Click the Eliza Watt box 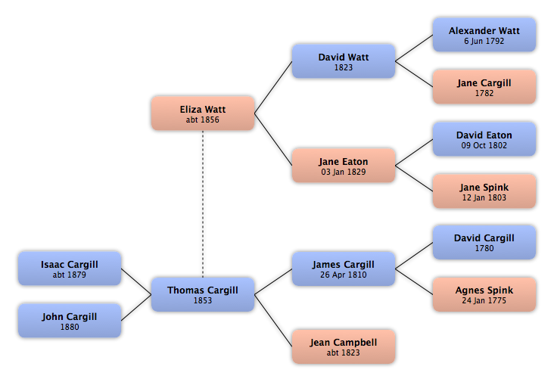(x=203, y=113)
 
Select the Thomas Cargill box (x=203, y=294)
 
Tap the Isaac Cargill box (x=70, y=269)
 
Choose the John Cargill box (x=70, y=321)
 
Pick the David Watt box (x=344, y=61)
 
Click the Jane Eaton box (x=344, y=166)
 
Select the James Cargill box (x=344, y=269)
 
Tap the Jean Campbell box (x=344, y=346)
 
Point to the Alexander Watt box (x=484, y=35)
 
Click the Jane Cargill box (x=484, y=87)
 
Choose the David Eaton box (x=484, y=139)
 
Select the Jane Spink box (x=484, y=191)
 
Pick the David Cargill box (x=484, y=242)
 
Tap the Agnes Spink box (x=484, y=294)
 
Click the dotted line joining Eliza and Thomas (x=203, y=204)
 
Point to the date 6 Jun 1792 (x=484, y=41)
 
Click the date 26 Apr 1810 (x=344, y=275)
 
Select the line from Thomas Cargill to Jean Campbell (x=273, y=321)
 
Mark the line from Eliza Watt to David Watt (x=273, y=87)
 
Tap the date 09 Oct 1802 (x=484, y=145)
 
